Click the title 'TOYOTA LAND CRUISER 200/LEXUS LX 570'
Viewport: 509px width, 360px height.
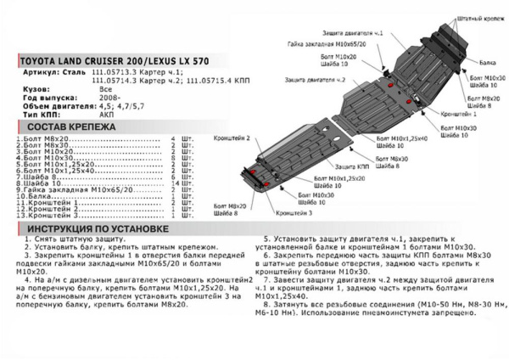point(111,61)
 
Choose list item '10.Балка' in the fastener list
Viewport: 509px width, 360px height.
point(34,196)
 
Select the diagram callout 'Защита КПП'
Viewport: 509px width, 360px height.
point(382,155)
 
